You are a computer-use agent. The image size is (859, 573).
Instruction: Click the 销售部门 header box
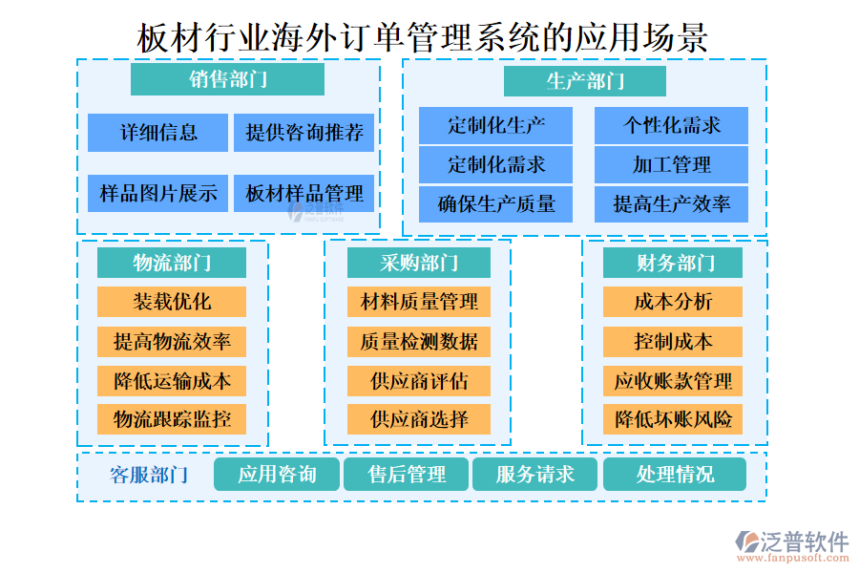click(x=227, y=79)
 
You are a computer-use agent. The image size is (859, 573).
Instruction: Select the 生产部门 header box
click(x=585, y=81)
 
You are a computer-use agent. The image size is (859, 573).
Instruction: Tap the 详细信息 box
click(x=157, y=133)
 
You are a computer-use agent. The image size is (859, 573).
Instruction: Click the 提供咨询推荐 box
click(x=304, y=133)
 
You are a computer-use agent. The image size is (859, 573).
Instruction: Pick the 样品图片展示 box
click(x=157, y=194)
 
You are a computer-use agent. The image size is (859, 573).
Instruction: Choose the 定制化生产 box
click(x=495, y=125)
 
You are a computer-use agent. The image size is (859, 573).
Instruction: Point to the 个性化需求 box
click(x=671, y=125)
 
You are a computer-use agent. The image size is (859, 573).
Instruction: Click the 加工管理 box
click(x=671, y=164)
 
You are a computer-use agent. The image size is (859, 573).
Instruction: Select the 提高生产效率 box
click(x=671, y=203)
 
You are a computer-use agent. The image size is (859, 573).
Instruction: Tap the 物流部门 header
click(x=172, y=263)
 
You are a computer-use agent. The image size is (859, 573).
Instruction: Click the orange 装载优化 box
click(x=172, y=302)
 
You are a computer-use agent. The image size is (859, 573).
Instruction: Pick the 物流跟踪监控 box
click(x=172, y=418)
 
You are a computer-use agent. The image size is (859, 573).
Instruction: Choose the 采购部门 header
click(x=419, y=263)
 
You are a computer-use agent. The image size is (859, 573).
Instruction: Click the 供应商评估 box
click(x=419, y=380)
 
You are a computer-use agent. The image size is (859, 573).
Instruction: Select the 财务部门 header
click(x=673, y=263)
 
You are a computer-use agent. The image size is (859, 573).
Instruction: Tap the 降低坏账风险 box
click(x=673, y=418)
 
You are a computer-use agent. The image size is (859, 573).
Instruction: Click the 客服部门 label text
click(x=149, y=475)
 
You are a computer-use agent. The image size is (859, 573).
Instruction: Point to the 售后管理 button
click(x=407, y=475)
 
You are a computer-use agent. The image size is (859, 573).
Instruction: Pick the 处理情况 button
click(x=675, y=475)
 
